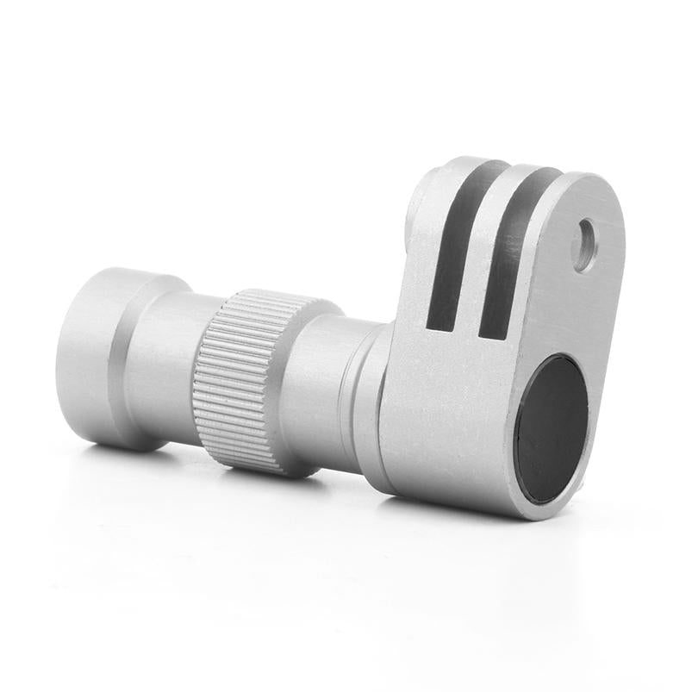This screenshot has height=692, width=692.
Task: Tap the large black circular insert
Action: coord(552,428)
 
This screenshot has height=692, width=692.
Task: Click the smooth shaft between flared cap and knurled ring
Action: coord(168,371)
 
